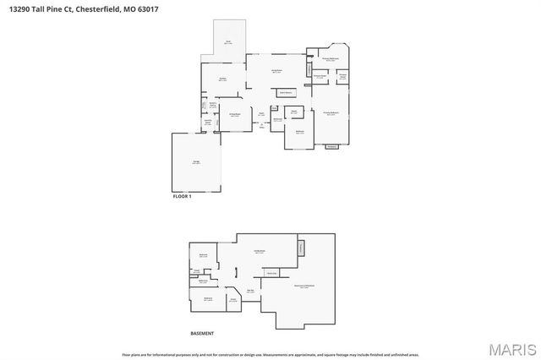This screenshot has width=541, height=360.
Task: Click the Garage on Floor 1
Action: click(x=195, y=162)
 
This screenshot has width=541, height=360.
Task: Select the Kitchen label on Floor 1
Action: click(x=223, y=79)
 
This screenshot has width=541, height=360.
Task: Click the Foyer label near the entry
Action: click(x=262, y=113)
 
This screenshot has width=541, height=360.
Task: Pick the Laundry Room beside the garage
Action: click(x=207, y=123)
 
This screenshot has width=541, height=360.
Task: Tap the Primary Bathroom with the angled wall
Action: click(x=332, y=59)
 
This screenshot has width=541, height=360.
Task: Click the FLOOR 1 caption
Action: click(x=183, y=196)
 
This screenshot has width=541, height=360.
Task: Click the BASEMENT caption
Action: click(x=202, y=333)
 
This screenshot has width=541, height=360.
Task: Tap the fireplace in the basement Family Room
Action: click(x=300, y=247)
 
